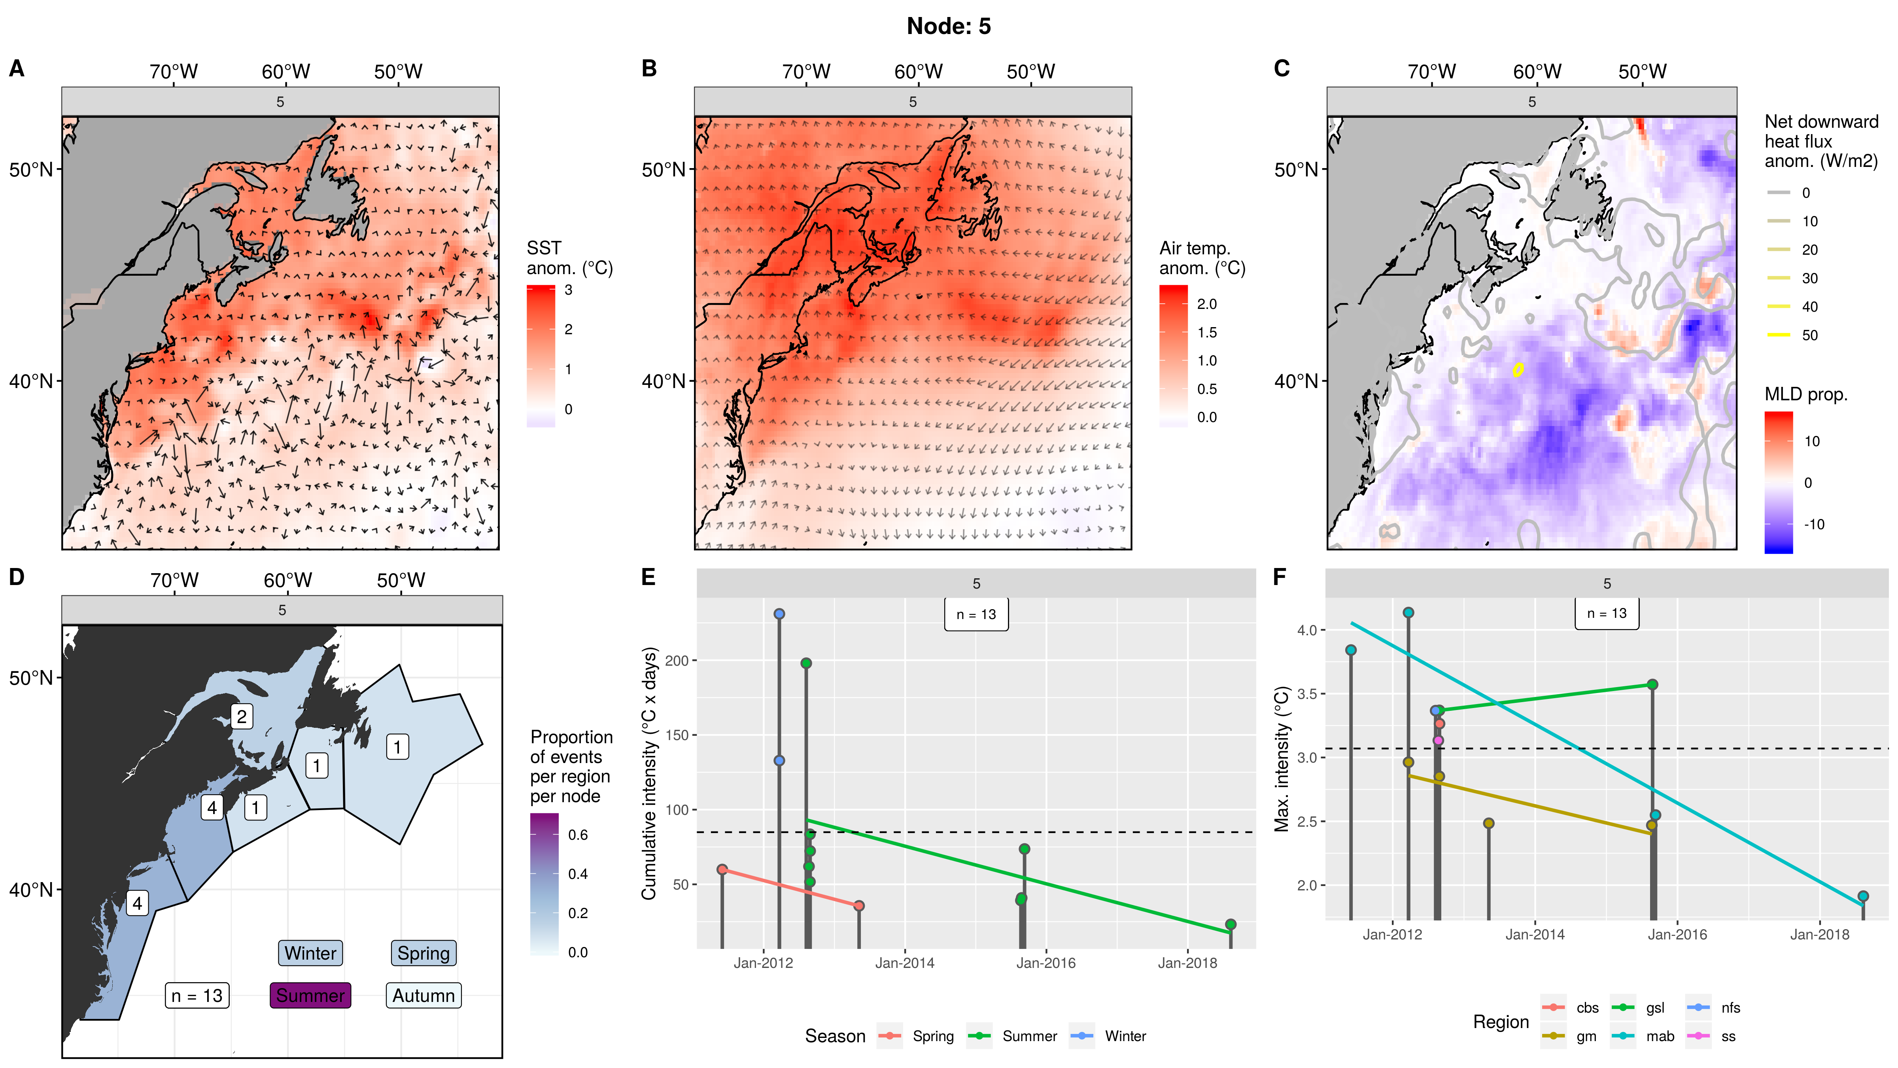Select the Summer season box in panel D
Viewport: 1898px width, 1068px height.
[x=310, y=995]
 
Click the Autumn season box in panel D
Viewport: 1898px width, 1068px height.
[x=423, y=995]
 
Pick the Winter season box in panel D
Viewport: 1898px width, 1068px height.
[x=310, y=953]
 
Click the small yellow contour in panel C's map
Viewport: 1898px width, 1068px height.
[x=1518, y=369]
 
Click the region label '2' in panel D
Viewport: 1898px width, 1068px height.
[x=242, y=716]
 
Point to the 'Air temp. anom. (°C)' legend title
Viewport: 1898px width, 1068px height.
[x=1202, y=258]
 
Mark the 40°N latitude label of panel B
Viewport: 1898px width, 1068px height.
[x=663, y=381]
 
